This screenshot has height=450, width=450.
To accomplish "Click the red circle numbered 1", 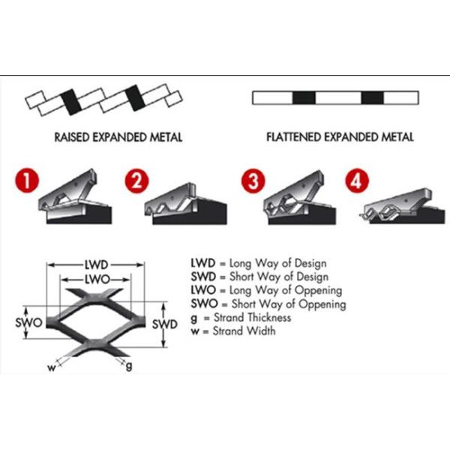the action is pyautogui.click(x=27, y=180).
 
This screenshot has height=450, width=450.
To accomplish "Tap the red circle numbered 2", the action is pyautogui.click(x=137, y=181).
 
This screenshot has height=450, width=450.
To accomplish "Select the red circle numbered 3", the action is pyautogui.click(x=253, y=181).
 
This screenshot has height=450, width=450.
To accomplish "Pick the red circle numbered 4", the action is pyautogui.click(x=357, y=181).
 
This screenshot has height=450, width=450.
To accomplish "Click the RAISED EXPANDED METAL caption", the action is pyautogui.click(x=118, y=137).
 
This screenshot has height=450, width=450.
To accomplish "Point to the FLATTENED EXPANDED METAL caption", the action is pyautogui.click(x=340, y=137).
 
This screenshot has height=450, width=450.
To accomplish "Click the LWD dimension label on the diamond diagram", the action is pyautogui.click(x=96, y=265).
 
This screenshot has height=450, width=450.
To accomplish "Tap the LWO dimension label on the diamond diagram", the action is pyautogui.click(x=97, y=279).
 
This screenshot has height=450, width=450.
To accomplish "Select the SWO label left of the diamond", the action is pyautogui.click(x=28, y=322).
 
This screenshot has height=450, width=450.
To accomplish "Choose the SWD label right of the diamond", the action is pyautogui.click(x=165, y=324).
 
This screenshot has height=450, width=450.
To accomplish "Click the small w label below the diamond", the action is pyautogui.click(x=52, y=368).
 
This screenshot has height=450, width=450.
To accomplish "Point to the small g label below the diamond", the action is pyautogui.click(x=129, y=366).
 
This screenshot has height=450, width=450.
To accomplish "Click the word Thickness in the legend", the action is pyautogui.click(x=269, y=317).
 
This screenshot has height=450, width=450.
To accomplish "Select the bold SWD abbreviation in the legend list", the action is pyautogui.click(x=203, y=277).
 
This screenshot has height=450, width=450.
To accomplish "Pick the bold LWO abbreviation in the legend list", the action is pyautogui.click(x=203, y=290).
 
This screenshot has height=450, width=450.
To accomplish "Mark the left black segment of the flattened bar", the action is pyautogui.click(x=304, y=97).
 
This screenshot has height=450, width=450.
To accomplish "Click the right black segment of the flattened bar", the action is pyautogui.click(x=372, y=97).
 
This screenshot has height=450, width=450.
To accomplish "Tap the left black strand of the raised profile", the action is pyautogui.click(x=71, y=102).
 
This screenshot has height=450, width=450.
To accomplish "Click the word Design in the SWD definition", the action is pyautogui.click(x=312, y=277).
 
